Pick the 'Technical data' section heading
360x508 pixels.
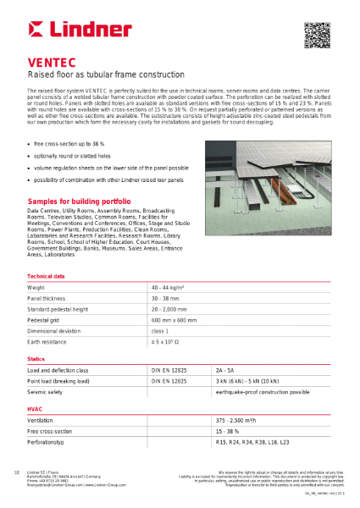click(x=46, y=277)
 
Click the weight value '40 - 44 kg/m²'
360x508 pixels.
click(x=169, y=289)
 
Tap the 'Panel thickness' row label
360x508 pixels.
click(x=47, y=299)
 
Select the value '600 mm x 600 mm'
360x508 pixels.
click(x=172, y=320)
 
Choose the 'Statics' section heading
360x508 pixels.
click(x=36, y=360)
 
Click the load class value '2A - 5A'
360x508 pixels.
click(x=225, y=371)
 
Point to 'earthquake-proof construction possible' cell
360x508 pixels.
click(x=263, y=393)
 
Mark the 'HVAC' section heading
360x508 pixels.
click(x=35, y=409)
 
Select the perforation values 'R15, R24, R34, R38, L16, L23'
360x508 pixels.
click(x=252, y=442)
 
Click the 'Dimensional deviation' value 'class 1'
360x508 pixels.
click(x=161, y=331)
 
